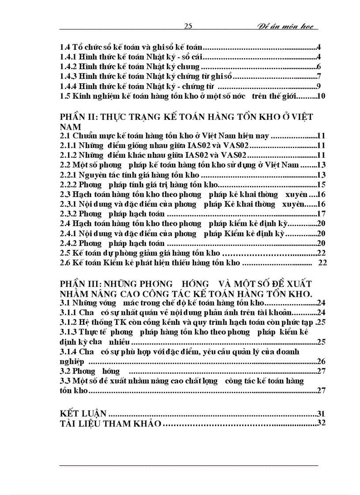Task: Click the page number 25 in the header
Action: [187, 26]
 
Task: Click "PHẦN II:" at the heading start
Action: [79, 117]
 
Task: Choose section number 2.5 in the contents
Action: [65, 253]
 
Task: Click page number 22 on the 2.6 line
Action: [322, 263]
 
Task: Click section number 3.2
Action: [65, 371]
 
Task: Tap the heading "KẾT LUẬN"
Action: [83, 413]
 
